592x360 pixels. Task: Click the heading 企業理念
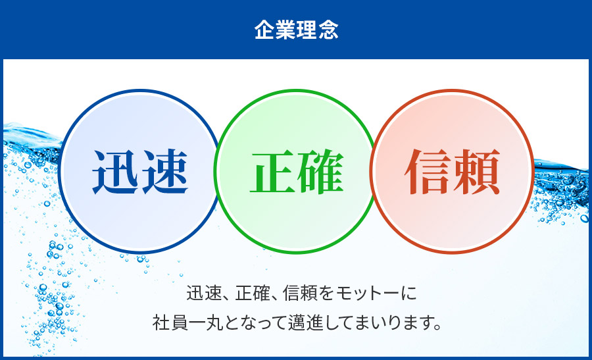pos(296,30)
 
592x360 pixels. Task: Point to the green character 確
pos(320,172)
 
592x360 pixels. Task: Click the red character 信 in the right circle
pos(428,172)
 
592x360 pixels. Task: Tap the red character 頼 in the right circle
pos(476,172)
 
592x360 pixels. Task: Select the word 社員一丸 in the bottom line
pos(185,324)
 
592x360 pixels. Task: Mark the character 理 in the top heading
pos(307,30)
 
